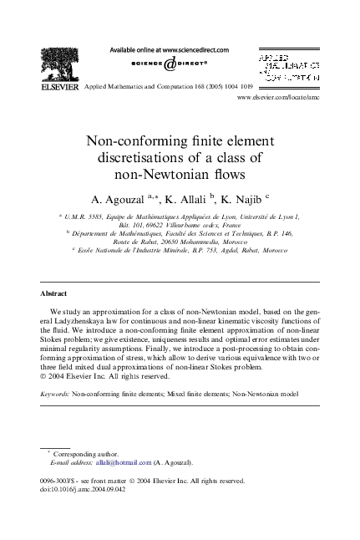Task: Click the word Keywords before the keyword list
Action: point(54,391)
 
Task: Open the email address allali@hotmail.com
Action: point(112,462)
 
